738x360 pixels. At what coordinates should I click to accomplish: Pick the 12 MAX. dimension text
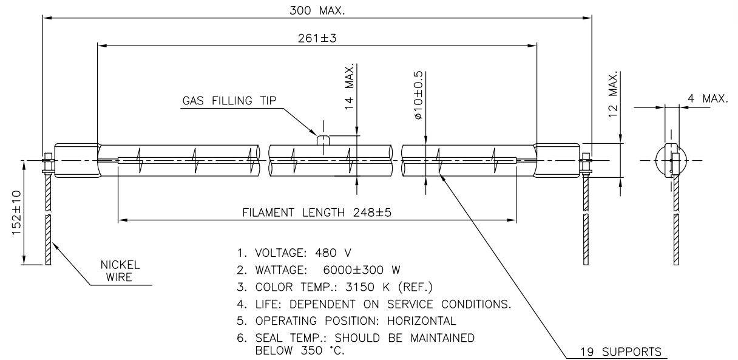click(x=612, y=93)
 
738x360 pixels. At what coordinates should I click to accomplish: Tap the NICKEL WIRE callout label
click(x=120, y=271)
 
